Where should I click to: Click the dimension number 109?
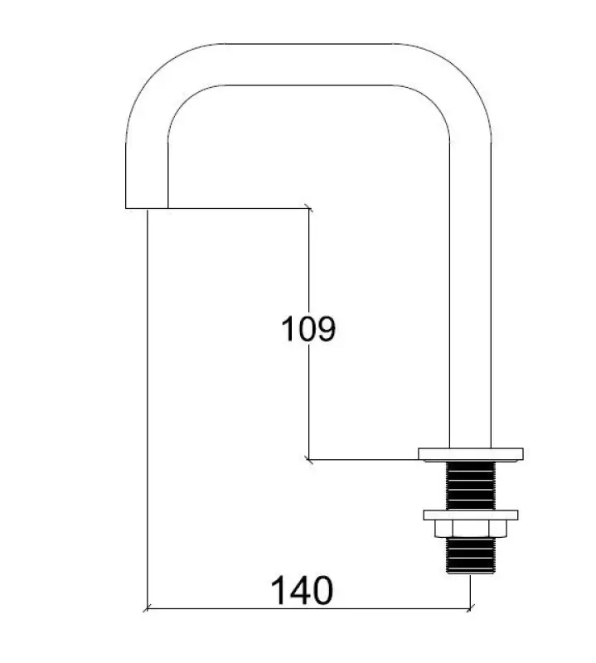308,329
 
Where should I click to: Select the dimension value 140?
302,591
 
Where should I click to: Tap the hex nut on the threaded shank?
470,529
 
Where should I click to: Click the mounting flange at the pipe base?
471,452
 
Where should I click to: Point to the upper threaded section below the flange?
470,485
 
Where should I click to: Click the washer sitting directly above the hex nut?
470,515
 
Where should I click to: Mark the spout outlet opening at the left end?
146,206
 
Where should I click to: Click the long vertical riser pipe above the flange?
470,290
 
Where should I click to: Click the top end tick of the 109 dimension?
308,208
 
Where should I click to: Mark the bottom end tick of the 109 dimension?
308,457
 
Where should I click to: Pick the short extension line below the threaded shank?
471,593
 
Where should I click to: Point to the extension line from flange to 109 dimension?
365,457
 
